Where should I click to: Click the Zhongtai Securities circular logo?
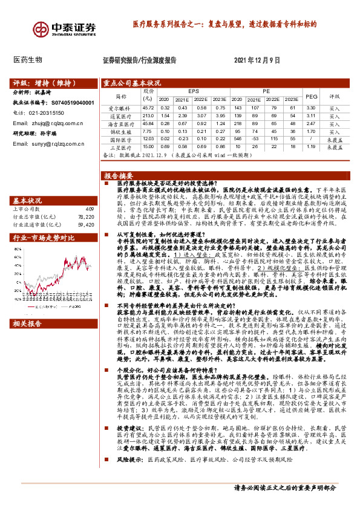[x=41, y=28]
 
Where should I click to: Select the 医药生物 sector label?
[x=28, y=60]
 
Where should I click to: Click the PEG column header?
[x=311, y=96]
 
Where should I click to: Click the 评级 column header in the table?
[x=335, y=96]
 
